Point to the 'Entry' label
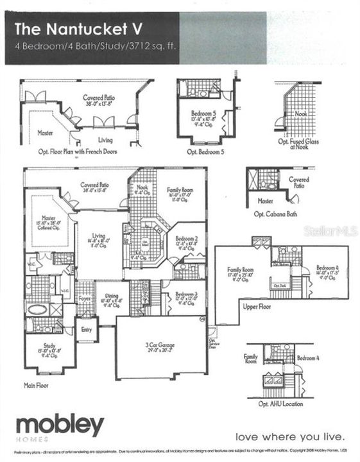pyautogui.click(x=86, y=329)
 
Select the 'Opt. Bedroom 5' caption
pyautogui.click(x=205, y=152)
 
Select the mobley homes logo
pyautogui.click(x=59, y=427)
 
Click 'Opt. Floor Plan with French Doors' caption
pyautogui.click(x=80, y=152)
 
